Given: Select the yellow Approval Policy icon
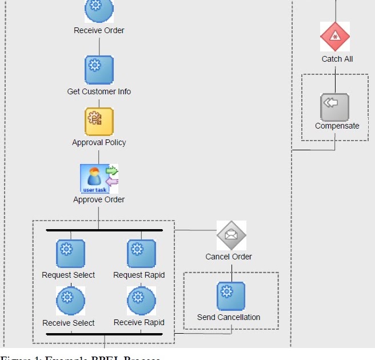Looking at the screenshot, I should point(99,121).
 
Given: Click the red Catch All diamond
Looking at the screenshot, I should point(335,37).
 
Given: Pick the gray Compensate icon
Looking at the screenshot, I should point(334,106).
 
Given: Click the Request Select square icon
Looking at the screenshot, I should point(70,254).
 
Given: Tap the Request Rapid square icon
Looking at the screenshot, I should point(141,254).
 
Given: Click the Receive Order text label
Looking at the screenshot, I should point(99,30).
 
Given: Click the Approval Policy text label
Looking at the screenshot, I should point(99,142).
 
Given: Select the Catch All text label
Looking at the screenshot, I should point(337,59).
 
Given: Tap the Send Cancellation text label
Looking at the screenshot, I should point(229,317).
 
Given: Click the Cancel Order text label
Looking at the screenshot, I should point(229,257).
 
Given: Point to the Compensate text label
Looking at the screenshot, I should point(337,126).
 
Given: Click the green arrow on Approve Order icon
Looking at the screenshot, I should point(112,170).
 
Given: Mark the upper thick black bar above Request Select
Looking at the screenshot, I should point(104,230).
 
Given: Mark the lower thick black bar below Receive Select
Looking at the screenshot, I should point(104,334).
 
